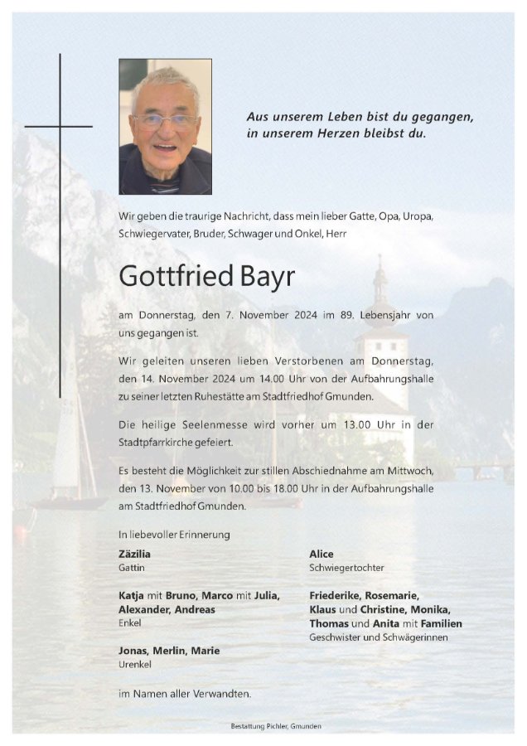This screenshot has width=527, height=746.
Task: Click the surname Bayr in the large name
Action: pyautogui.click(x=263, y=276)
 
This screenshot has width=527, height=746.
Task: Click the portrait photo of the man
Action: pyautogui.click(x=165, y=126)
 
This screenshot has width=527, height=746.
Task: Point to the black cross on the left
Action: pyautogui.click(x=60, y=126)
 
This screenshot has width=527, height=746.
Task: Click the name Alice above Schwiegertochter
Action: pyautogui.click(x=322, y=554)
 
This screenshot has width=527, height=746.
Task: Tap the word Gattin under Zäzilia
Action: pyautogui.click(x=131, y=569)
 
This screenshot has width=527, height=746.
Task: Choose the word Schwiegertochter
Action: pyautogui.click(x=346, y=569)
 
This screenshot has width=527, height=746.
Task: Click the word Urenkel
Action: pyautogui.click(x=135, y=666)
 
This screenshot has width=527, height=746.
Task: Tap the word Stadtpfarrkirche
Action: pyautogui.click(x=157, y=443)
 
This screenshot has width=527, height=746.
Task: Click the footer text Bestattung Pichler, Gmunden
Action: pyautogui.click(x=275, y=726)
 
